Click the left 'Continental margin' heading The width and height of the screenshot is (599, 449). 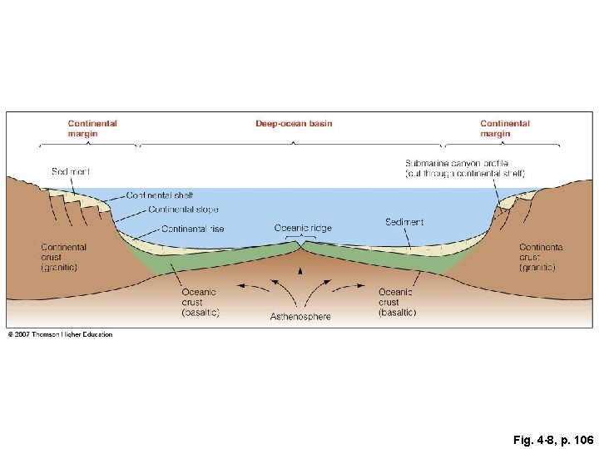[92, 128]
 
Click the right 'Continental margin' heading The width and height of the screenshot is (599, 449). [504, 128]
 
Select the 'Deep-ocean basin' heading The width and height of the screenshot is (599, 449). [294, 124]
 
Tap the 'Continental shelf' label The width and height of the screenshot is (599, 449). [160, 195]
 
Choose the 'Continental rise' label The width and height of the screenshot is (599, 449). [192, 229]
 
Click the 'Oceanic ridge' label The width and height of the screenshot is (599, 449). [303, 228]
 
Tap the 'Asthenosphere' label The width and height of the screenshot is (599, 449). [300, 317]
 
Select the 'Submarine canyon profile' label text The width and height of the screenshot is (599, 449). [464, 168]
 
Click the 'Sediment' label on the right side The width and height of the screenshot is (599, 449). [404, 222]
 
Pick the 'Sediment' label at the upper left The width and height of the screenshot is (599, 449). [70, 171]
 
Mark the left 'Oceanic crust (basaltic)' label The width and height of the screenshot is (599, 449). [200, 302]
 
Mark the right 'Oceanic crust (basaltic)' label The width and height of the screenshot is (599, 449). [397, 302]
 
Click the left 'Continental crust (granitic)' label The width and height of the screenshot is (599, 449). [63, 257]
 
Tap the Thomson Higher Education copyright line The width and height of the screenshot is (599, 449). [60, 335]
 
